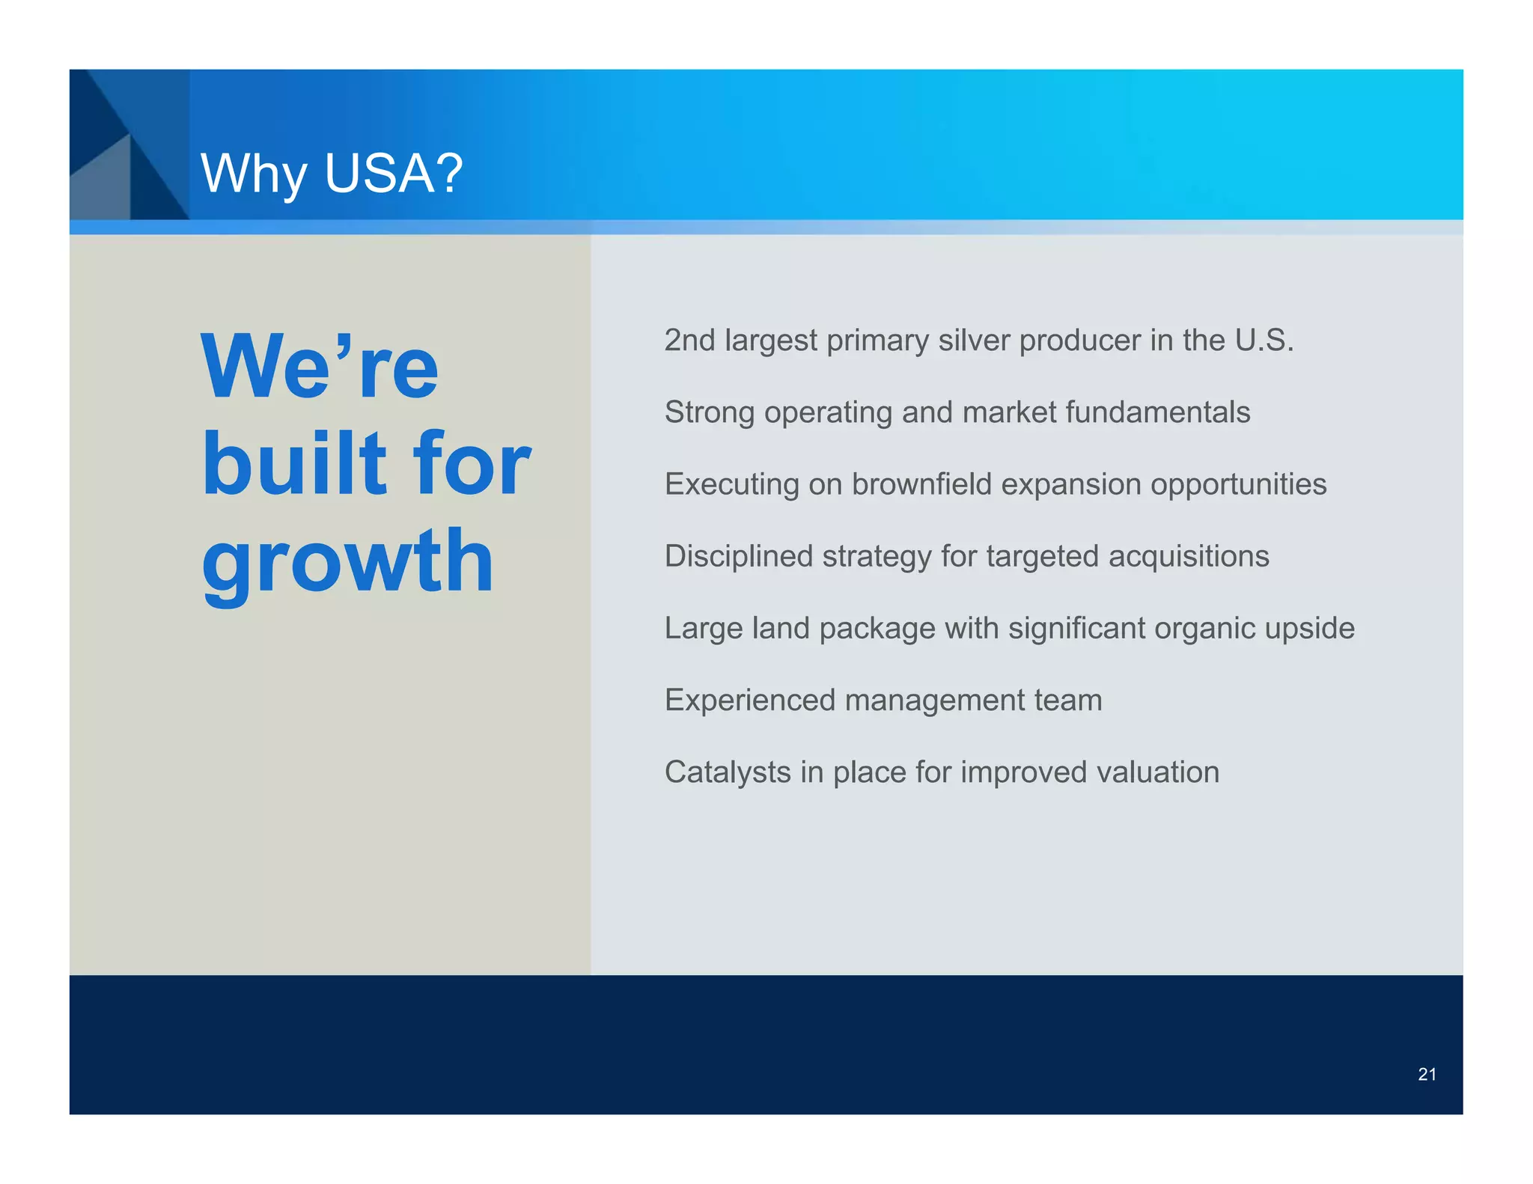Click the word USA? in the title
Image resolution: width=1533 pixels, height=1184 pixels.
coord(394,174)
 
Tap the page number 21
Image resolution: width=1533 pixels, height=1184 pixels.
coord(1427,1075)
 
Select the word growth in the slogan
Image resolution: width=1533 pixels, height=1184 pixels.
coord(347,561)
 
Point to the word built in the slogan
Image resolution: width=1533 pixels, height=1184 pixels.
coord(294,463)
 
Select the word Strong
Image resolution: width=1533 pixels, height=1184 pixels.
coord(709,412)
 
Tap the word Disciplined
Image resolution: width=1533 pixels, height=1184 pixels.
coord(738,556)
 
